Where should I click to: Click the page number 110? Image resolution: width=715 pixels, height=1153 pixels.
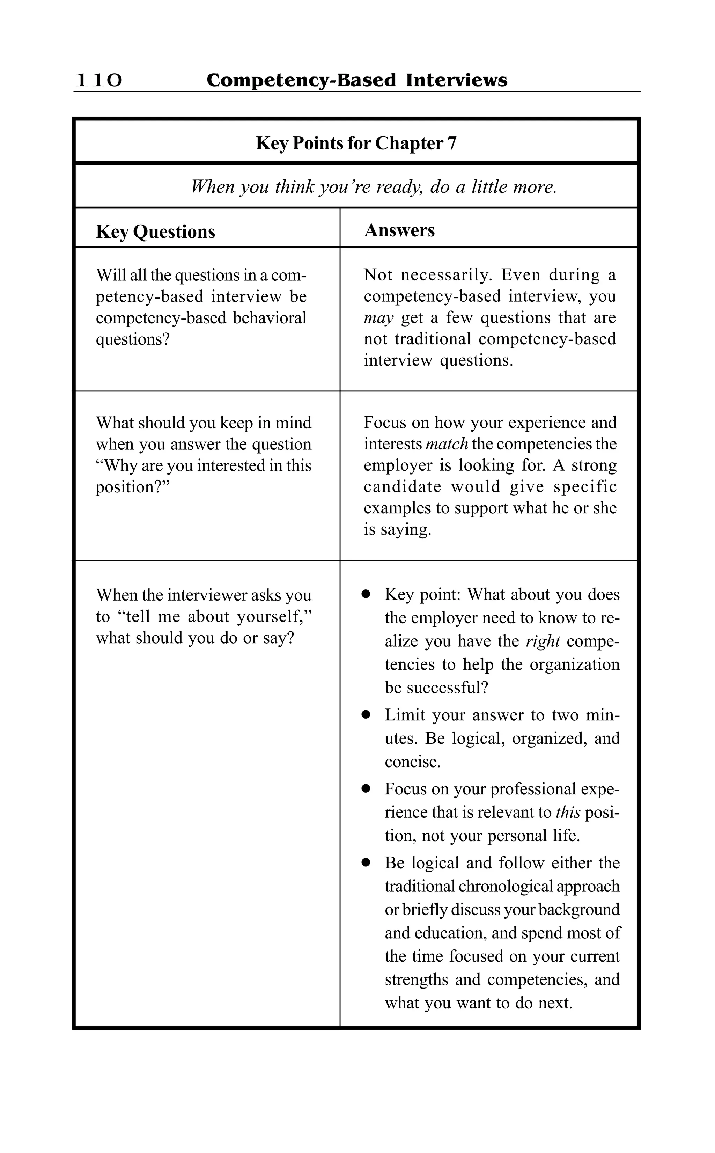(98, 80)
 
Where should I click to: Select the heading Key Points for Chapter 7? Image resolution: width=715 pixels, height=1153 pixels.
(356, 143)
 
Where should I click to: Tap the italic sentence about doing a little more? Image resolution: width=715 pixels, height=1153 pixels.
(374, 187)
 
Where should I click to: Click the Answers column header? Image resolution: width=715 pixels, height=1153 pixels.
(399, 230)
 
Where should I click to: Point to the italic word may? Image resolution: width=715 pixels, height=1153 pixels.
(378, 318)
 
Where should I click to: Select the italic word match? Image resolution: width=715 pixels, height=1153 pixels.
(447, 444)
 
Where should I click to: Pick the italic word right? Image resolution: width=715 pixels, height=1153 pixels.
(543, 641)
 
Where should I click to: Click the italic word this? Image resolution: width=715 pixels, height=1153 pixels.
(568, 813)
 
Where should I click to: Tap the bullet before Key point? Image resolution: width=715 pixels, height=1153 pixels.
(366, 594)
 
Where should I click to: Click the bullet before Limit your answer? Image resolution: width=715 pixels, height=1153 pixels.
(366, 715)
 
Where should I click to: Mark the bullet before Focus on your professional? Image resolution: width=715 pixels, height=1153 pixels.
(366, 789)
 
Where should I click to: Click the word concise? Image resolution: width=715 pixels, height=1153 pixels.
(412, 762)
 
